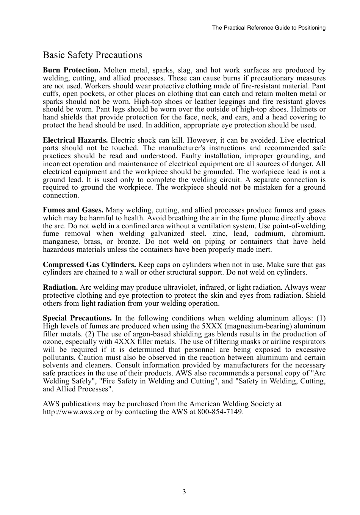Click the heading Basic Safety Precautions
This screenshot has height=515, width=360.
92,55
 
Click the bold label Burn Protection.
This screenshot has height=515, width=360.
71,70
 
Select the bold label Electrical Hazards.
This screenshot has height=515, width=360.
75,140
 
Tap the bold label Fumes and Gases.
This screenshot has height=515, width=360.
73,210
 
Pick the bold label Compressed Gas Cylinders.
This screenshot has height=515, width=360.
89,265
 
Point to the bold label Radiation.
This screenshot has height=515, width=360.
60,287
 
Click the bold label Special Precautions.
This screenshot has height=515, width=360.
77,318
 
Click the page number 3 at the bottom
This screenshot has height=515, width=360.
184,492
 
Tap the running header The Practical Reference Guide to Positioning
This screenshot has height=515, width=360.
269,28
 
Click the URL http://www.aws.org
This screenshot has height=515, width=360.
74,412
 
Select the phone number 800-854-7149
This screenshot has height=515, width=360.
220,412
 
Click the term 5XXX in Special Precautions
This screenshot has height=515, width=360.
212,326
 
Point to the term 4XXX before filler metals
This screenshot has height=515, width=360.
127,342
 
